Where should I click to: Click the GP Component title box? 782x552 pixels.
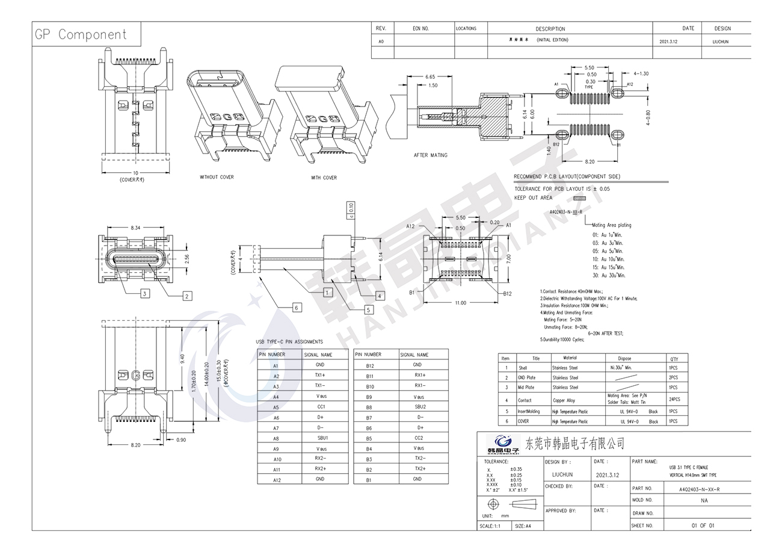point(81,34)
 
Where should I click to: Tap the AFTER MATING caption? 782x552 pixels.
point(430,155)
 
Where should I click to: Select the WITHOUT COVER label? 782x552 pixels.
point(217,177)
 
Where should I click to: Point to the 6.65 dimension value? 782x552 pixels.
point(430,77)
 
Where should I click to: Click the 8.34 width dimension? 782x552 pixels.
point(135,228)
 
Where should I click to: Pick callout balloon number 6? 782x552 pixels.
point(297,308)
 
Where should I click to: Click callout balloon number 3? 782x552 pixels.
point(145,294)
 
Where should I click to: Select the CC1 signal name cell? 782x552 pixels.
point(321,406)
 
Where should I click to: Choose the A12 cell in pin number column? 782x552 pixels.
point(276,480)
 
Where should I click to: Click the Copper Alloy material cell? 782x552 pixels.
point(564,400)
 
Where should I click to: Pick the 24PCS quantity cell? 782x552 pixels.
point(674,399)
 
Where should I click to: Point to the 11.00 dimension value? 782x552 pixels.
point(460,303)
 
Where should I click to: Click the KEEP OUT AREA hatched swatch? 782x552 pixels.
point(579,197)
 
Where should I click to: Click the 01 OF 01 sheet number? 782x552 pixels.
point(703,526)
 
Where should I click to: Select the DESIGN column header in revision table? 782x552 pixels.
point(722,28)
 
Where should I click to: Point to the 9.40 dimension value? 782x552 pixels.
point(182,358)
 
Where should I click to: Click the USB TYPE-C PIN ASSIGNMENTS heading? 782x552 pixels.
point(289,342)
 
